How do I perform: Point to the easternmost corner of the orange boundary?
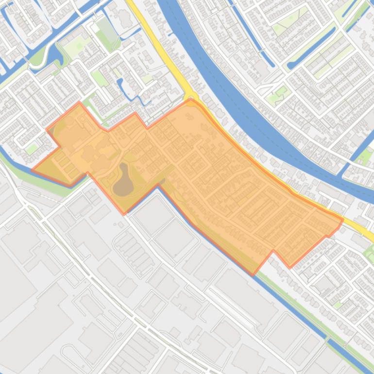pos(343,220)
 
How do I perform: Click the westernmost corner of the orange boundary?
pos(33,170)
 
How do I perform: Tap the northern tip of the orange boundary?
pos(191,101)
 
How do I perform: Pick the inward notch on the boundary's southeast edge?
pos(274,251)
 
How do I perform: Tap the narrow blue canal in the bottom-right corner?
pos(350,357)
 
